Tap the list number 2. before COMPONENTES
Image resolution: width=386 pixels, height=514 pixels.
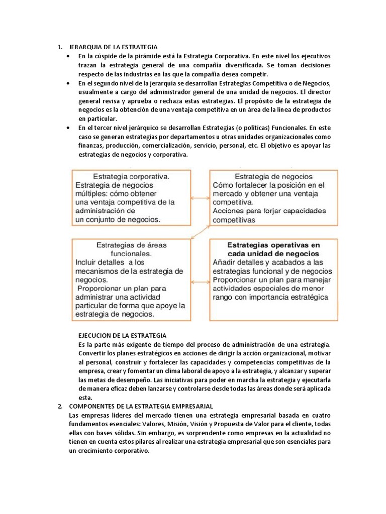click(59, 406)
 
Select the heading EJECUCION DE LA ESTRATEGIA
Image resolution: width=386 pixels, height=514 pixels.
click(122, 335)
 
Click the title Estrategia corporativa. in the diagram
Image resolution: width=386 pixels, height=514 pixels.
click(131, 177)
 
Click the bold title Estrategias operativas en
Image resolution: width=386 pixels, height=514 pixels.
click(273, 245)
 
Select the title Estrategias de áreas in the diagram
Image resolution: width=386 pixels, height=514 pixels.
click(131, 245)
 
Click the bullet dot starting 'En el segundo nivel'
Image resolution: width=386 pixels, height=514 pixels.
click(68, 83)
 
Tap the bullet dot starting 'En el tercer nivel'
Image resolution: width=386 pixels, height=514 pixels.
click(68, 128)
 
